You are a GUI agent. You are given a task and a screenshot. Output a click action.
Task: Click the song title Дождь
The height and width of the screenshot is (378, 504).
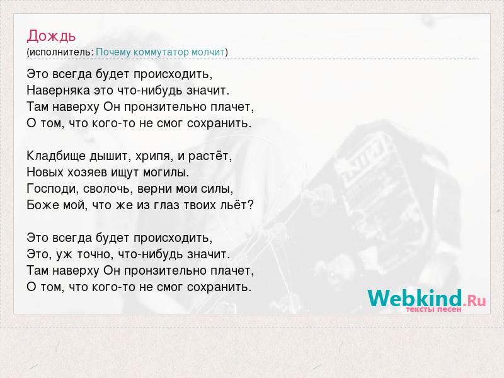click(x=51, y=36)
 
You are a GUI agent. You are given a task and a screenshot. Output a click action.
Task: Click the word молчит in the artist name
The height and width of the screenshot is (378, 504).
click(x=208, y=52)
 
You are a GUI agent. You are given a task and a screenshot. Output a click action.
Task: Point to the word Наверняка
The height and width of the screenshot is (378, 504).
click(x=58, y=90)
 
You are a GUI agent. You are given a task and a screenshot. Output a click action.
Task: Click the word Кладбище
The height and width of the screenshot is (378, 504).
click(x=56, y=156)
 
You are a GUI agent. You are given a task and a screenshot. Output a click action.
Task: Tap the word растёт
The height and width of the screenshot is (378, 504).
click(x=210, y=156)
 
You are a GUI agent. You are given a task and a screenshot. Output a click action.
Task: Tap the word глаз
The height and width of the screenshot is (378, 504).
click(x=166, y=205)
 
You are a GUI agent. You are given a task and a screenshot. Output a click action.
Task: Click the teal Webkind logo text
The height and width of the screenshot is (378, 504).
click(x=415, y=298)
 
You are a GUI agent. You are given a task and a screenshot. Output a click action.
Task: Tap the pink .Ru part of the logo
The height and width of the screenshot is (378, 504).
click(x=474, y=301)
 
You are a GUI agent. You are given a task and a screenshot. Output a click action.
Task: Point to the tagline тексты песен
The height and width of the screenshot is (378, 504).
click(x=433, y=309)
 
